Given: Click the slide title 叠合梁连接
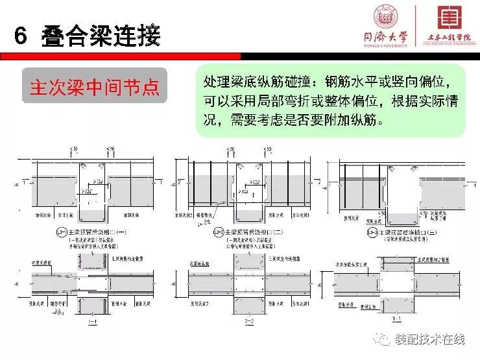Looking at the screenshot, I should click(x=100, y=36).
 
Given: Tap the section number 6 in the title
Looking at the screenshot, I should click(x=20, y=36).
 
